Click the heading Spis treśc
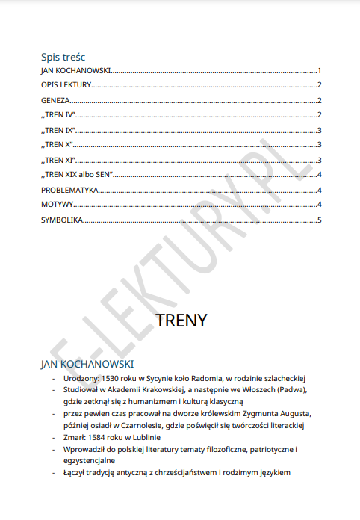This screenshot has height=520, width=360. point(63,57)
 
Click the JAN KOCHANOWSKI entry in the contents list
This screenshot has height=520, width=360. point(76,71)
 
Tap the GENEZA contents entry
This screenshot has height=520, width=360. point(55,101)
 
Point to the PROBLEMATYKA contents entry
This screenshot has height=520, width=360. point(69,190)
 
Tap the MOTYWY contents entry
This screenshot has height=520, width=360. point(57,205)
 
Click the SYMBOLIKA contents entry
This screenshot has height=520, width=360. point(61,220)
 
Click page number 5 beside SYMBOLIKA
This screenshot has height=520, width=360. point(319,220)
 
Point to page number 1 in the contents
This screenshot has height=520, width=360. point(319,71)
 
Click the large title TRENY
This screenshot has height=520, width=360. point(181,321)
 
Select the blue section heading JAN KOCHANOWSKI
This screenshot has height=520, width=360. point(87,364)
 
